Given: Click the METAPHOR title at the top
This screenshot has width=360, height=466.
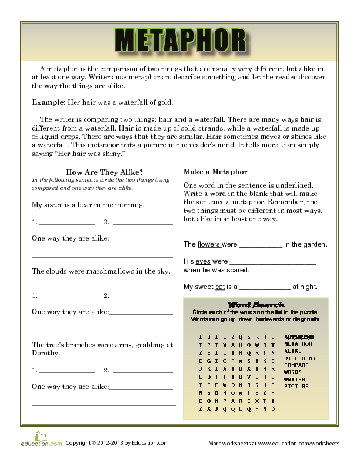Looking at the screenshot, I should click(x=180, y=41).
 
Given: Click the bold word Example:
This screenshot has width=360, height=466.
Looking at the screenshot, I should click(x=49, y=102).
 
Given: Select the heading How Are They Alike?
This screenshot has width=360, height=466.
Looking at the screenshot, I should click(x=105, y=172).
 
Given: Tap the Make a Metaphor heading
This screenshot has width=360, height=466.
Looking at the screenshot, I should click(x=215, y=172).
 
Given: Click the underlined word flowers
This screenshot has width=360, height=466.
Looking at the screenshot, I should click(x=209, y=244).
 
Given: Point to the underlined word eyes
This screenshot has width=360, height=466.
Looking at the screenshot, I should click(x=203, y=261).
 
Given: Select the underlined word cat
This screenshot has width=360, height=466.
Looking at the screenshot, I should click(x=220, y=287).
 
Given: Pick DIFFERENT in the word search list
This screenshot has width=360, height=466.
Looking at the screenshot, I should click(x=300, y=358).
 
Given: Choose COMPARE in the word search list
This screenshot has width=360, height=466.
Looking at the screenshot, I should click(x=297, y=365).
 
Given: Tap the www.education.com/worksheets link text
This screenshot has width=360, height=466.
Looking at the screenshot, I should click(x=298, y=443).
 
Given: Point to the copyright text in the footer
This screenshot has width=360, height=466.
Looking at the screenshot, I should click(x=116, y=443).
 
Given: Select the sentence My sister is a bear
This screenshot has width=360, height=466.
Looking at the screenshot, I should click(x=88, y=205).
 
